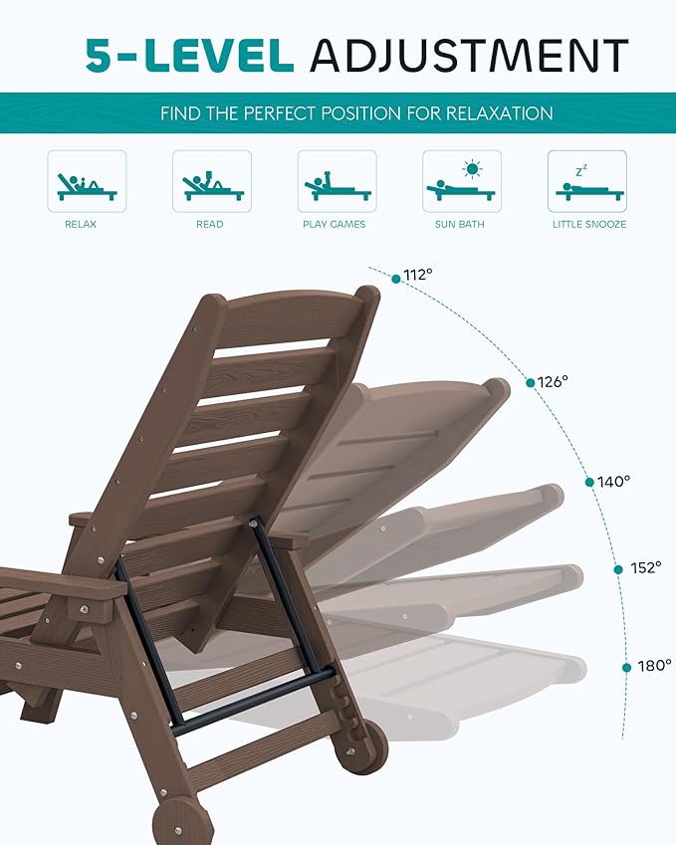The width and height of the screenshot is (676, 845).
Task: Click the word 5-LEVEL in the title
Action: click(190, 55)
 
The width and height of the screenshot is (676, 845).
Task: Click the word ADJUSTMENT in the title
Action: click(469, 55)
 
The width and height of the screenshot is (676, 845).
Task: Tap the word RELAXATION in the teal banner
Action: click(500, 113)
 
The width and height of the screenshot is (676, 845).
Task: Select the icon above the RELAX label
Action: click(87, 181)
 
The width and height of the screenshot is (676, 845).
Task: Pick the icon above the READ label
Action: click(212, 181)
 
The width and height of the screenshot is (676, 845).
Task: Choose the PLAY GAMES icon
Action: click(337, 181)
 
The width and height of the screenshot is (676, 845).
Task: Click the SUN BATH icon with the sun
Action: click(461, 181)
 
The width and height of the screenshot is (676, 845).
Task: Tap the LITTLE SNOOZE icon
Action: click(586, 181)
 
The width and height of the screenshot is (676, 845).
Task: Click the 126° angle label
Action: click(552, 381)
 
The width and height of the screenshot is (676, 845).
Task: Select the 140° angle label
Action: click(614, 482)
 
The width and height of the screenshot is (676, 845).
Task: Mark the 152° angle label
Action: click(645, 568)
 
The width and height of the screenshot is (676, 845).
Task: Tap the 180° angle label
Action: click(654, 666)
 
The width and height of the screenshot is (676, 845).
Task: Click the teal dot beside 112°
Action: click(396, 279)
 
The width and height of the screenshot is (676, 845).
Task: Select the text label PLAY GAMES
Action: click(335, 225)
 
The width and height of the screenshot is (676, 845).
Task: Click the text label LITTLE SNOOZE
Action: click(589, 225)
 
